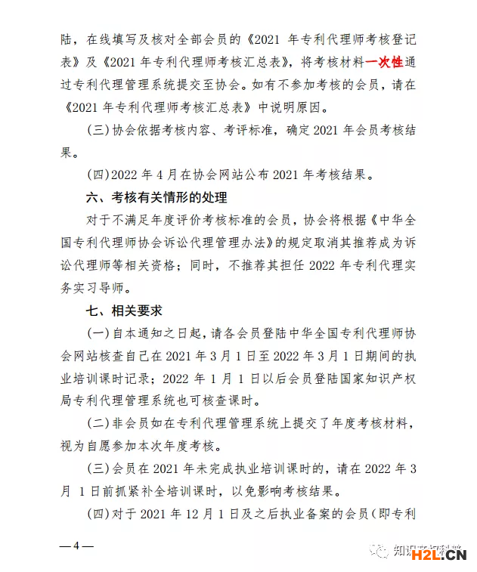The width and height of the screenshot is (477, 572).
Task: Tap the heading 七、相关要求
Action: click(124, 311)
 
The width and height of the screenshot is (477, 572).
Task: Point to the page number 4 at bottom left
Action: click(76, 546)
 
